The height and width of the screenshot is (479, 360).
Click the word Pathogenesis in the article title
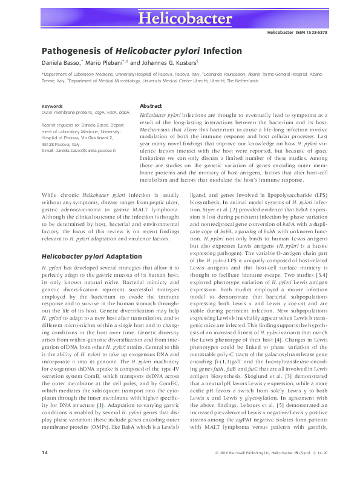pyautogui.click(x=68, y=51)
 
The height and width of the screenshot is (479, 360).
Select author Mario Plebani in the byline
pyautogui.click(x=102, y=63)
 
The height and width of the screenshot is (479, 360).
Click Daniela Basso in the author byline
pyautogui.click(x=59, y=63)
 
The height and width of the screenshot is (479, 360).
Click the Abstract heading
pyautogui.click(x=150, y=106)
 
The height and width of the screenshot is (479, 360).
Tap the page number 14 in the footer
pyautogui.click(x=44, y=470)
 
